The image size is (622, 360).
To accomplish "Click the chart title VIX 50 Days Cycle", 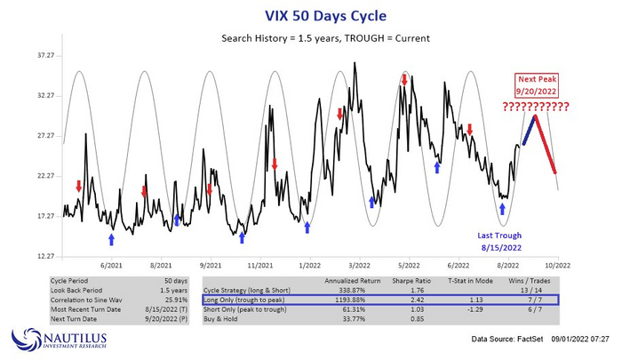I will coord(310,14).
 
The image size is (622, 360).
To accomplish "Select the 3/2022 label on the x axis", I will coord(359,265).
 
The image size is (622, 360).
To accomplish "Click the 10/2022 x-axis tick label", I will coord(557,265).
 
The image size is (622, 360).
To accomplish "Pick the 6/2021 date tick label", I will coord(111,265).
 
